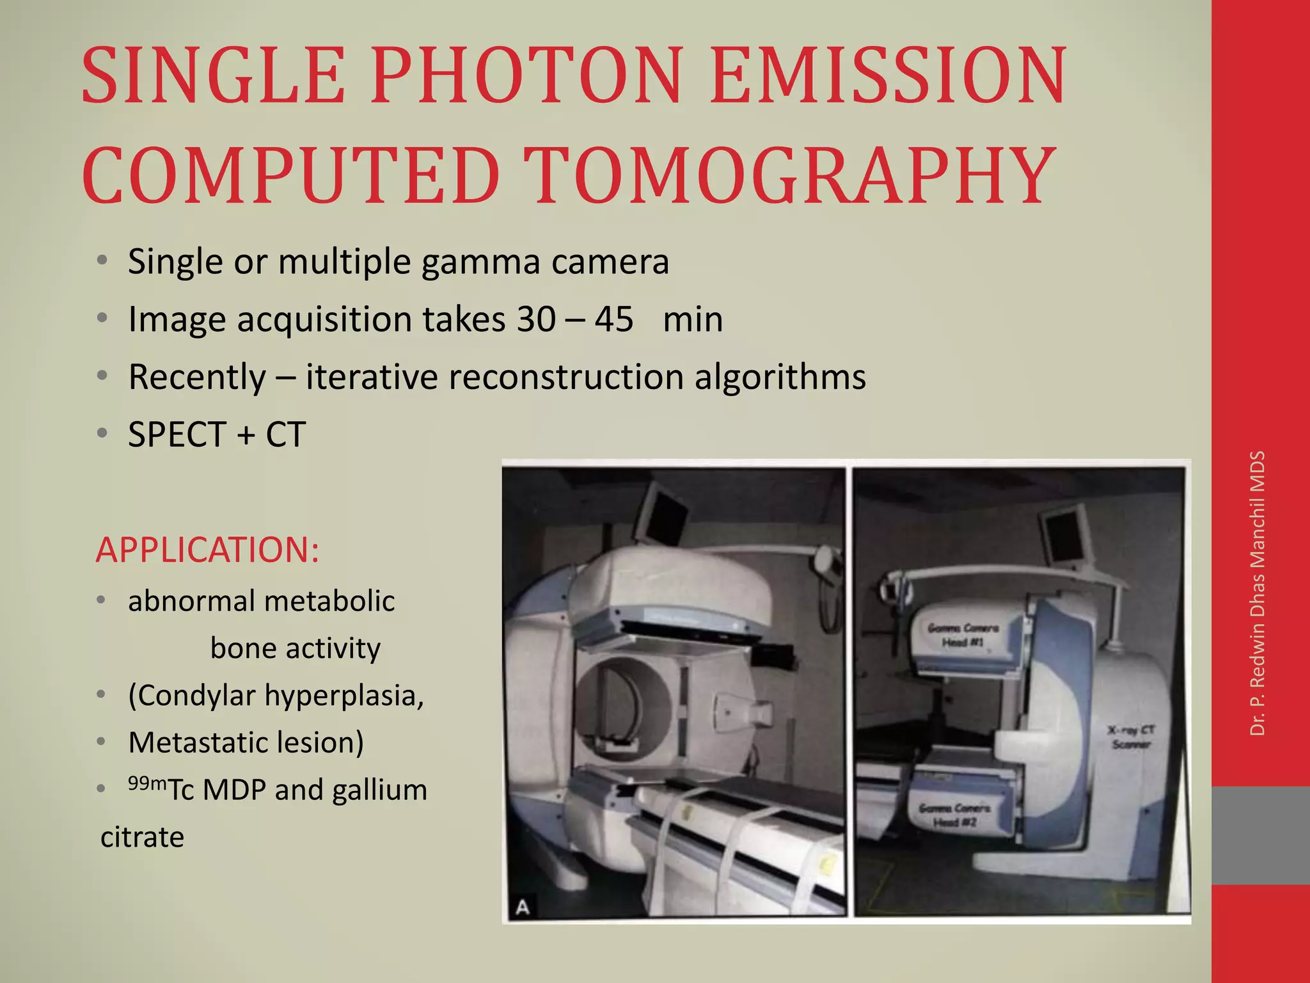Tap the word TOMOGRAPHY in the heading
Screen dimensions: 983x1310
(791, 175)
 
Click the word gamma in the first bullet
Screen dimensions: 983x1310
(481, 261)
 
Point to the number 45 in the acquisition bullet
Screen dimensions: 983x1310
(613, 319)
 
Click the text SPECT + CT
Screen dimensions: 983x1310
(217, 435)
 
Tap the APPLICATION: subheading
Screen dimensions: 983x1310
(207, 550)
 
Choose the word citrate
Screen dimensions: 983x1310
(142, 837)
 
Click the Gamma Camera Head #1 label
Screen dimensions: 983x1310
(963, 635)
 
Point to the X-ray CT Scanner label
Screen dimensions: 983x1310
(1131, 737)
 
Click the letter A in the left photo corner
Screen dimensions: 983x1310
(523, 907)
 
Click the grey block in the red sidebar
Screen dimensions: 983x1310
(1261, 835)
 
